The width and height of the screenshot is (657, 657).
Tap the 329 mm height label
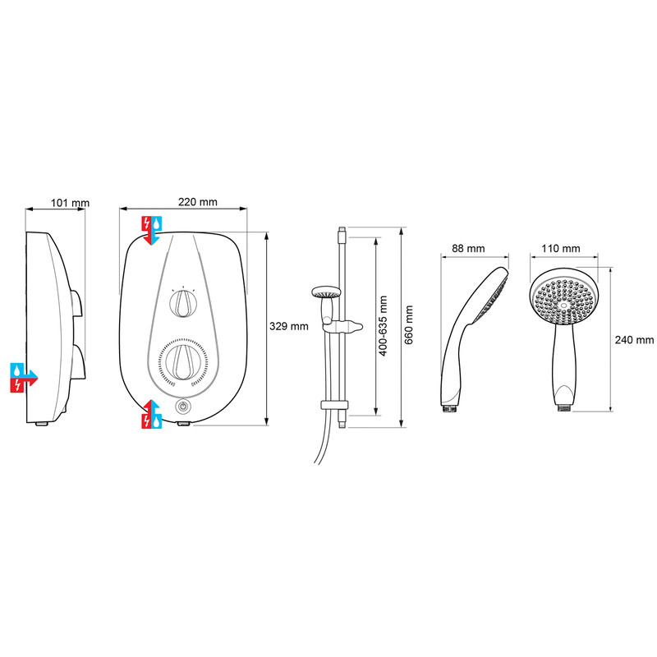coord(289,326)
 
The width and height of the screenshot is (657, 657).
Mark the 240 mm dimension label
coord(634,339)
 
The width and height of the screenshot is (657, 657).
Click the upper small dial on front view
coord(184,304)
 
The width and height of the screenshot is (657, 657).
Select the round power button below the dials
coord(182,407)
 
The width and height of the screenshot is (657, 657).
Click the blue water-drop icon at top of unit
coord(156,222)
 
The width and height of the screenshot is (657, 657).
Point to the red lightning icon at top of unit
coord(145,222)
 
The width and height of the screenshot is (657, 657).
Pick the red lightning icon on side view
coord(17,384)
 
